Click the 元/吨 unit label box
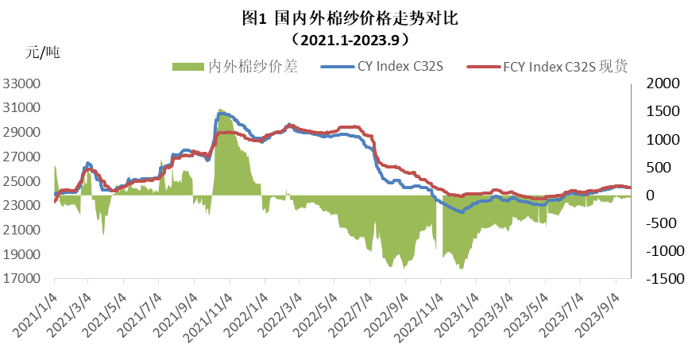tap(68, 53)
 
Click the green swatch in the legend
tap(187, 67)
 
